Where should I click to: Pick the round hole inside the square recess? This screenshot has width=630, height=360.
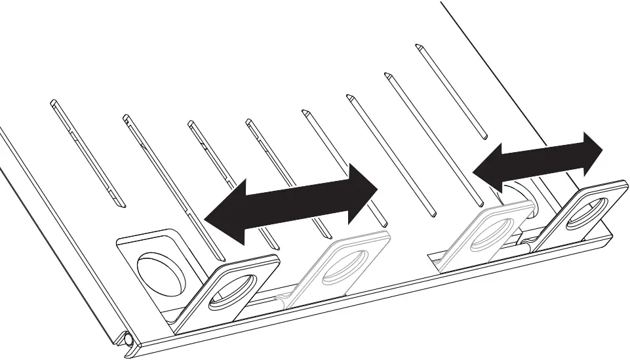click(160, 272)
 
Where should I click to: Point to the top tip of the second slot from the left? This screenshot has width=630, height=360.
click(125, 118)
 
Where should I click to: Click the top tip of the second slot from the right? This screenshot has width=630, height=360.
click(387, 74)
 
